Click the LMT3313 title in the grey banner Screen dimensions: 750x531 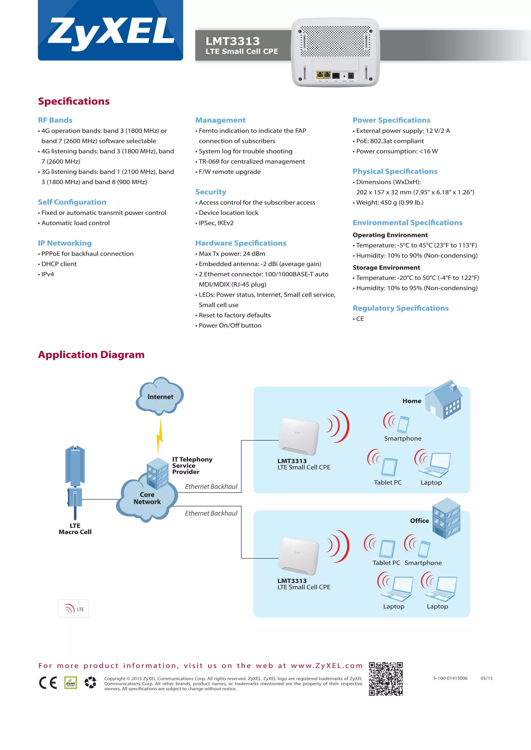233,41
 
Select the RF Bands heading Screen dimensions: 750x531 55,120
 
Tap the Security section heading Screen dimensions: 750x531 211,192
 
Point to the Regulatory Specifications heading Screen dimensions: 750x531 400,308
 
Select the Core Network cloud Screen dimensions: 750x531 147,499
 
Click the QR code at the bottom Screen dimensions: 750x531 386,679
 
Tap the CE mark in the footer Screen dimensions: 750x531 48,683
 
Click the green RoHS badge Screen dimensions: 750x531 71,683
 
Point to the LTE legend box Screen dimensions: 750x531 74,609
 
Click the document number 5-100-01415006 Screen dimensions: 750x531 450,678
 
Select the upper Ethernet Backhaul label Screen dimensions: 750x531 211,486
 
